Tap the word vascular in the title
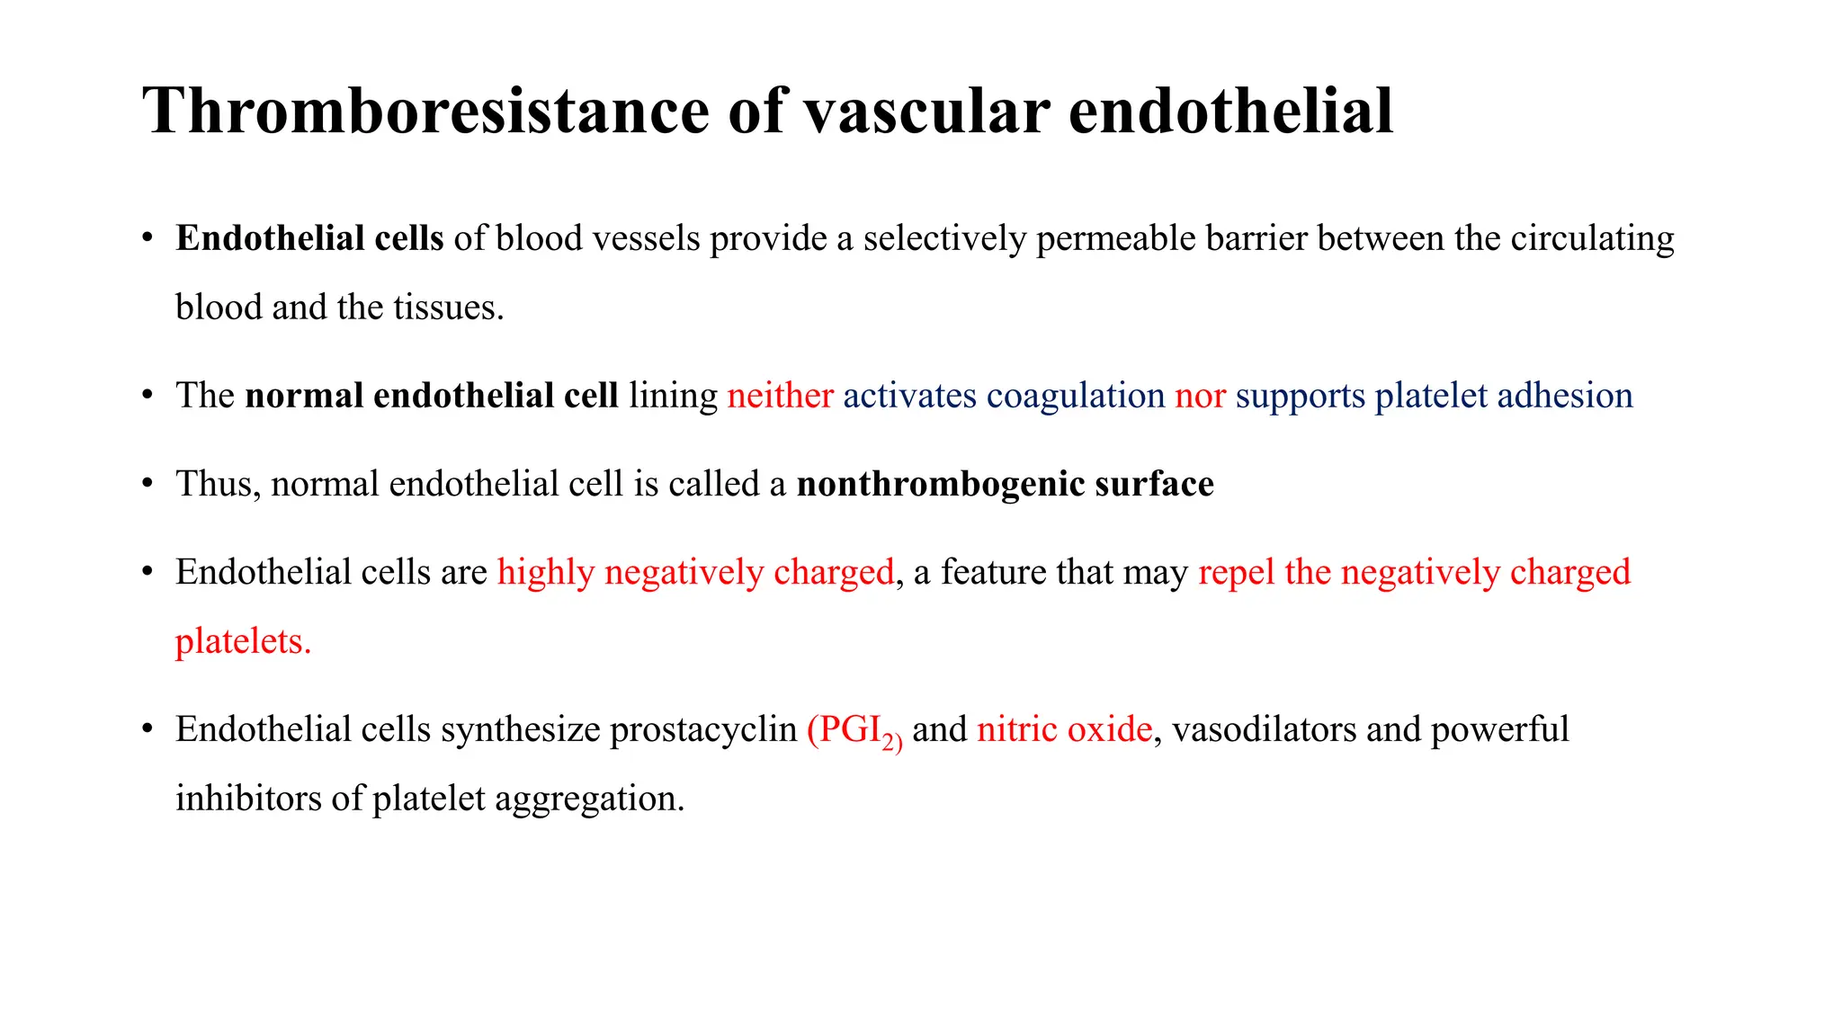click(926, 112)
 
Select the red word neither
click(780, 396)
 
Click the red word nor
click(1200, 396)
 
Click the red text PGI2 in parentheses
click(854, 730)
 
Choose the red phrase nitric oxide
click(1064, 729)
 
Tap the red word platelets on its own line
click(242, 641)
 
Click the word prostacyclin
click(702, 729)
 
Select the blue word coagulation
click(1075, 396)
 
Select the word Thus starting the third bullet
click(217, 484)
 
